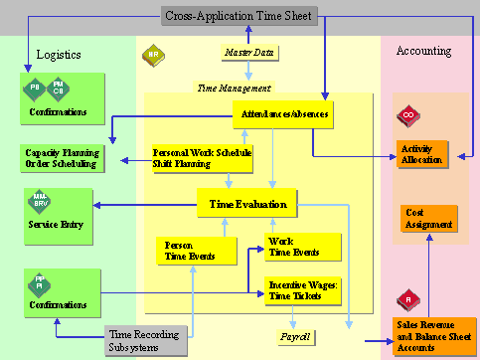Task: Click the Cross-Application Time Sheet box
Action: click(x=240, y=16)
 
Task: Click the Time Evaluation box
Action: click(x=247, y=205)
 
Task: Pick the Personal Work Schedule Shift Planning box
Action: click(x=202, y=159)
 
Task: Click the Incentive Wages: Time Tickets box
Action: click(x=302, y=289)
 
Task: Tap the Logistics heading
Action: click(x=59, y=55)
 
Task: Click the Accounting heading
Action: click(x=423, y=51)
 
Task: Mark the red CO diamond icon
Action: click(x=406, y=117)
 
